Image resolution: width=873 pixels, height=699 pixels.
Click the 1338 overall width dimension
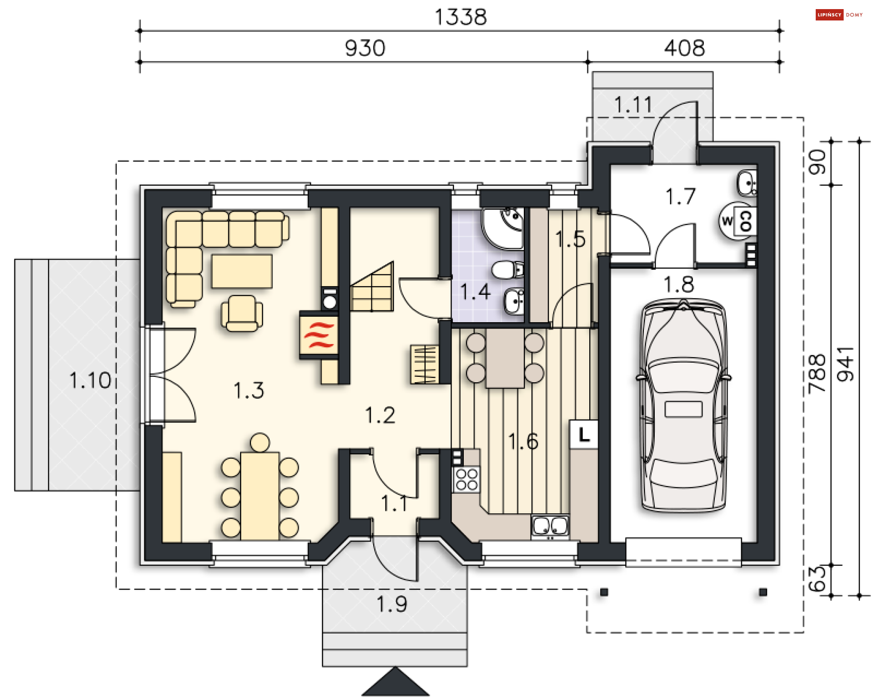[x=461, y=17]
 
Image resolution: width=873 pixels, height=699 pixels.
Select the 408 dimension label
[x=684, y=48]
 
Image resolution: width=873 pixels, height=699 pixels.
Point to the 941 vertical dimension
[x=846, y=364]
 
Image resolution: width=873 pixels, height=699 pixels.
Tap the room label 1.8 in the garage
[x=679, y=285]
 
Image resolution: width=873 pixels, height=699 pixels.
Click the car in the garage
[x=683, y=405]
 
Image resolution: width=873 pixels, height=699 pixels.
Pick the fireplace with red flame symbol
[x=319, y=336]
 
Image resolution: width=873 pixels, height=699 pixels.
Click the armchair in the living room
[x=242, y=313]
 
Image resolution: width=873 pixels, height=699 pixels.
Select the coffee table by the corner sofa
[x=242, y=271]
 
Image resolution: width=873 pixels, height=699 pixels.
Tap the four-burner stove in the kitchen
[x=467, y=480]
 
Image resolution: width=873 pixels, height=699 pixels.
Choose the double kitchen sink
[x=550, y=527]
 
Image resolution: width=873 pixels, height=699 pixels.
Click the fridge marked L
[x=584, y=435]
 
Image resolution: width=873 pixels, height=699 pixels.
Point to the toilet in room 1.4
[x=508, y=270]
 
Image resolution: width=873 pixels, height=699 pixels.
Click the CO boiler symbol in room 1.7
[x=745, y=222]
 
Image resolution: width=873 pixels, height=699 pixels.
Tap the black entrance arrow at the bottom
[x=396, y=682]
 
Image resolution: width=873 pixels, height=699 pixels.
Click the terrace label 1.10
[x=90, y=380]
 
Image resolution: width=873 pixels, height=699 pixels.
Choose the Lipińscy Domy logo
[x=839, y=15]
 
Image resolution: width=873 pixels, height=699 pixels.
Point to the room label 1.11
[x=633, y=105]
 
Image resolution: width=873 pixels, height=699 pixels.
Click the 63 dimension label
[x=817, y=579]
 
